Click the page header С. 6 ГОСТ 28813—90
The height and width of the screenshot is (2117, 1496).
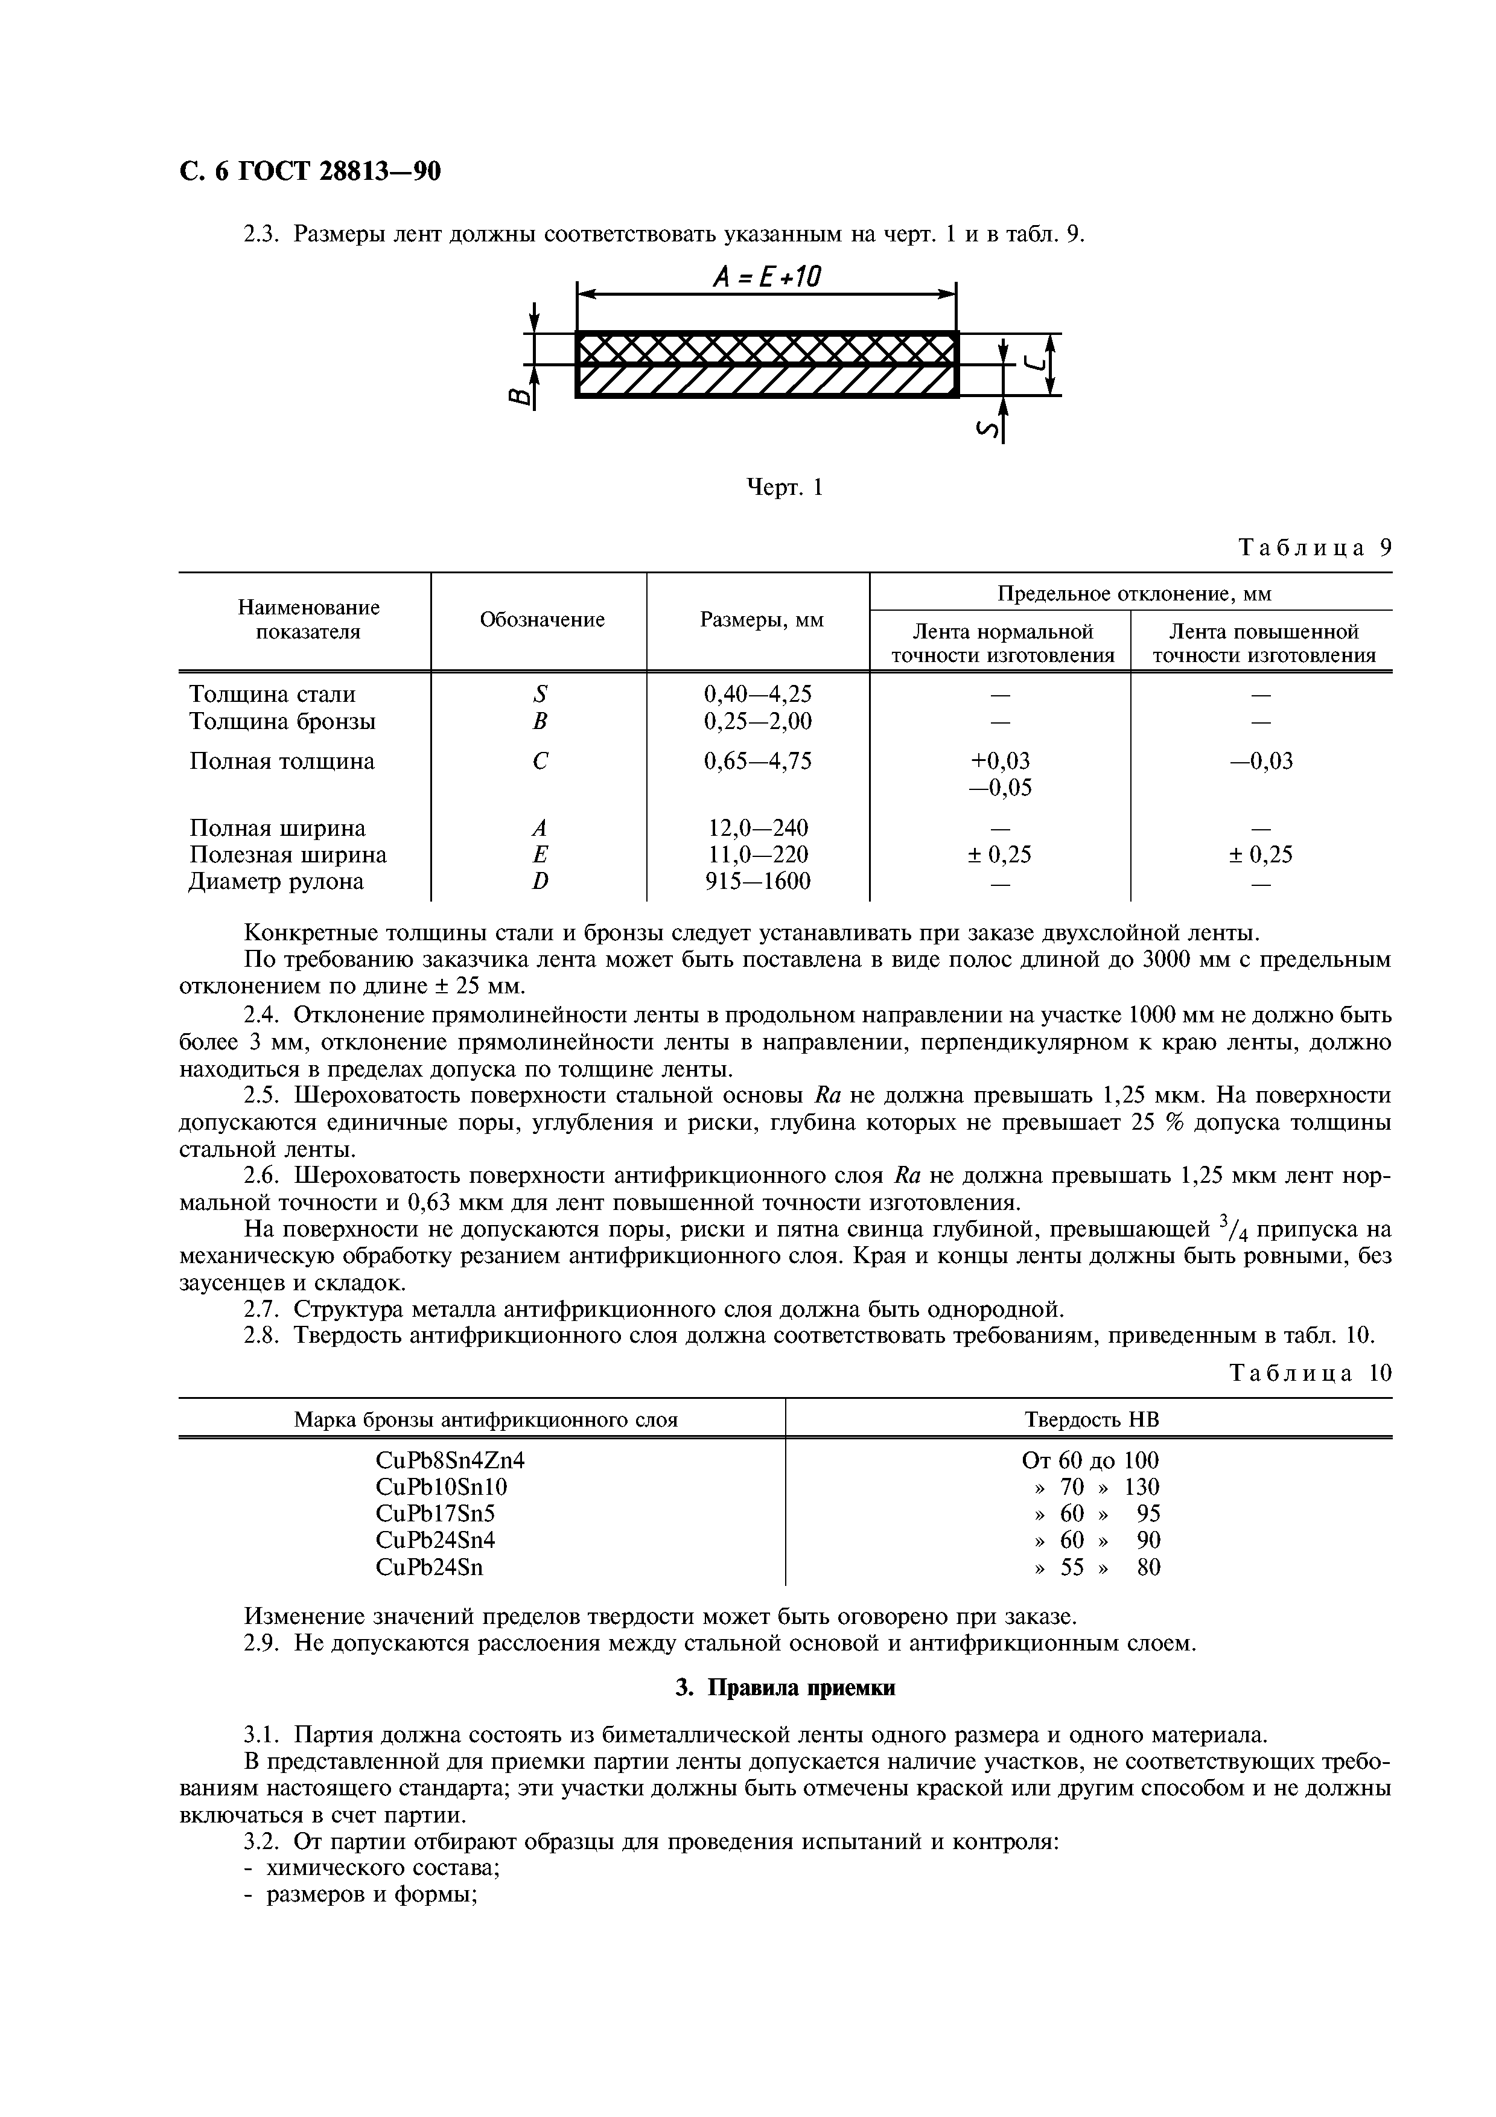(x=309, y=171)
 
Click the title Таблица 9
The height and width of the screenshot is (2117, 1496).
(x=1314, y=548)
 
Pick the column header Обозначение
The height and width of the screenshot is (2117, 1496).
(x=541, y=620)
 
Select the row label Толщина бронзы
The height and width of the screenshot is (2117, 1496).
(x=282, y=721)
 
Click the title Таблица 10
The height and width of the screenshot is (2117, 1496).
(x=1310, y=1374)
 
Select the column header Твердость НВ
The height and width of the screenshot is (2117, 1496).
(x=1090, y=1420)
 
